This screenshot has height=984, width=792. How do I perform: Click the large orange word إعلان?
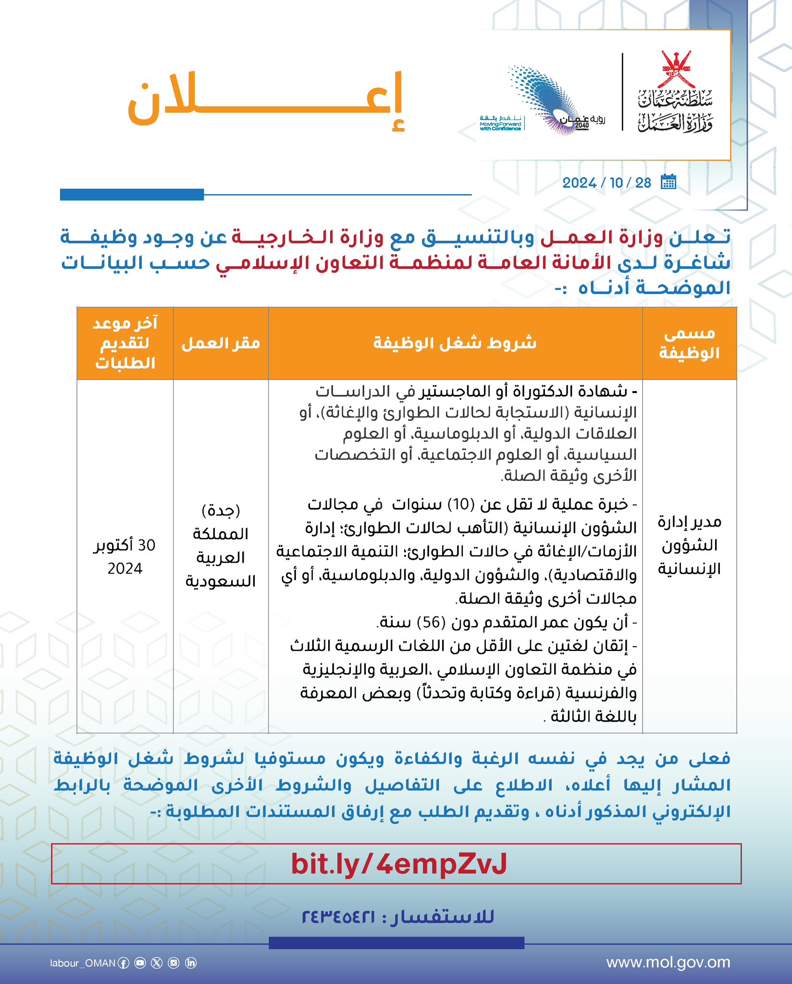[266, 102]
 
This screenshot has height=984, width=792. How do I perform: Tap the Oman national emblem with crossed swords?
[676, 69]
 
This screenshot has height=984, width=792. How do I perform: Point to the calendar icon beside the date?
[668, 182]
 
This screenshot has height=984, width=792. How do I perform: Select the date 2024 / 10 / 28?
[606, 183]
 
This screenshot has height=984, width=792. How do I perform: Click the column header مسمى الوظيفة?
[689, 344]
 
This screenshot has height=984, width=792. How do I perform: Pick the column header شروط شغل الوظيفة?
[455, 343]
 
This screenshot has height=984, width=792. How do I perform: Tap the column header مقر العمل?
[221, 344]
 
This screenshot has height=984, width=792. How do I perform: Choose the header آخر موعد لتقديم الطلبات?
[125, 343]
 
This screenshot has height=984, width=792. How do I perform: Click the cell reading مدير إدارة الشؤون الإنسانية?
[689, 545]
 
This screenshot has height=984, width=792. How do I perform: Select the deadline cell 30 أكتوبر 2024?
[124, 556]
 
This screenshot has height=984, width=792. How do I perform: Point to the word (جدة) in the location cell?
[221, 510]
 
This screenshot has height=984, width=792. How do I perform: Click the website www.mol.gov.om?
[668, 962]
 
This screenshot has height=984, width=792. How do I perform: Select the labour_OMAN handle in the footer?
[83, 963]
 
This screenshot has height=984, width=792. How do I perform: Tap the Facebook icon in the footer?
[124, 963]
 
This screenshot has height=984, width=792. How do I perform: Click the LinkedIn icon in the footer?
[191, 963]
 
